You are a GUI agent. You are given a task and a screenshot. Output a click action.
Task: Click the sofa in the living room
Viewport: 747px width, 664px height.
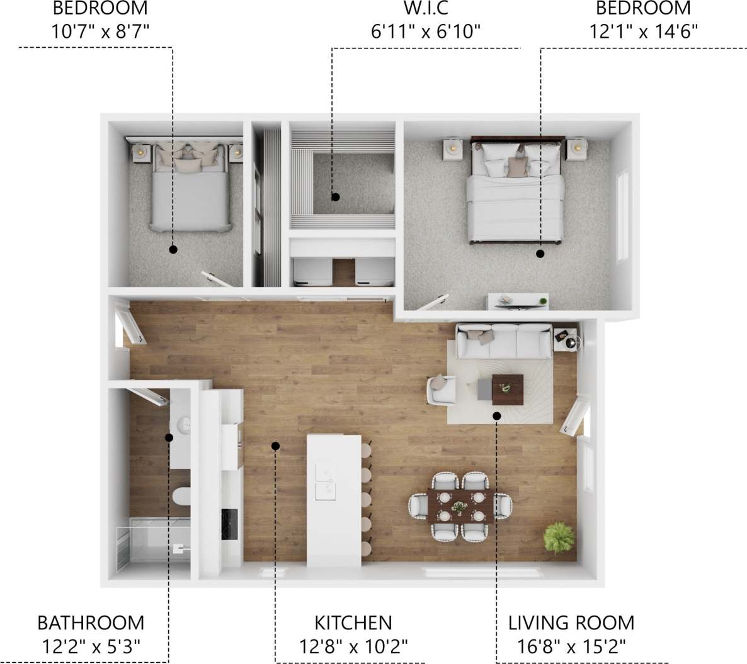tap(504, 340)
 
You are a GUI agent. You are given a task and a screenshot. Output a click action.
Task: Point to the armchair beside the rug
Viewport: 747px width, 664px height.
tap(442, 389)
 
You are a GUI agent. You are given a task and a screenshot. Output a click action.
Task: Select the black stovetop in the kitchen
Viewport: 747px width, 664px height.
tap(229, 524)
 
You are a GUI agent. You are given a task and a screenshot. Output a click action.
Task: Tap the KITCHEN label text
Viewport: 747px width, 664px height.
tap(353, 623)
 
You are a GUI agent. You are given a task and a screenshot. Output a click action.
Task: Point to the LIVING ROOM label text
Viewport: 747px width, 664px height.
tap(571, 623)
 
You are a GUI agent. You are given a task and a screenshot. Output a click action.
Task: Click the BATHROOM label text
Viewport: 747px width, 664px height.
tap(91, 623)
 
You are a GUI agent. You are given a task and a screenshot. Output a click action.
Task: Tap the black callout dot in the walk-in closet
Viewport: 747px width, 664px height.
tap(336, 197)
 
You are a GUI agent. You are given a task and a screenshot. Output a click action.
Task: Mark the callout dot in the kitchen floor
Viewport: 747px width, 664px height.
tap(275, 446)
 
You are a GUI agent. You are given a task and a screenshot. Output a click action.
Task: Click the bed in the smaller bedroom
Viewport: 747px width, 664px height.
tap(190, 189)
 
